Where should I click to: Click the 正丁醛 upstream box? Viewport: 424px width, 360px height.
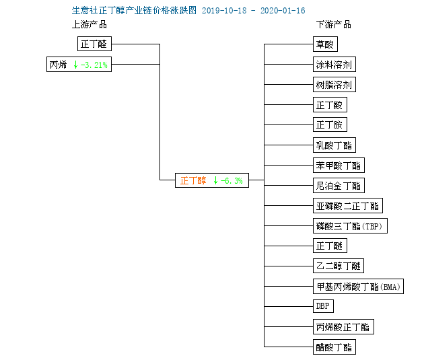click(x=94, y=44)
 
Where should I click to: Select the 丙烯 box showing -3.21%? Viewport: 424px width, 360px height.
click(x=79, y=65)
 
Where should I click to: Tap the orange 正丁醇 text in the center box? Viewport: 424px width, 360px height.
click(x=193, y=180)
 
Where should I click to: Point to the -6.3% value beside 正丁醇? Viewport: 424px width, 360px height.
click(x=232, y=180)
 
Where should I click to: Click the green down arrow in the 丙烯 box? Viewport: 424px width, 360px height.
click(x=75, y=65)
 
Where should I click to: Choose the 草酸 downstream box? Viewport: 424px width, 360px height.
click(x=325, y=44)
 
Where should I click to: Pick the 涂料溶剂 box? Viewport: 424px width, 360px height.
click(x=334, y=65)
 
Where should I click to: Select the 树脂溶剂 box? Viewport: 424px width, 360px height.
click(x=334, y=85)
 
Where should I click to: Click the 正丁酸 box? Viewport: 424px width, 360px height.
click(x=330, y=104)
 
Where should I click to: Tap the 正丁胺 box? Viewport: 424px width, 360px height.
click(x=330, y=124)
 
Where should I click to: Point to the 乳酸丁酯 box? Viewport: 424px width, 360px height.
click(x=334, y=145)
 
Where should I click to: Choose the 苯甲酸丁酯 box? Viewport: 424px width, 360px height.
click(x=339, y=165)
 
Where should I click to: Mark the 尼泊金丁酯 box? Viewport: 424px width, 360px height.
click(x=339, y=186)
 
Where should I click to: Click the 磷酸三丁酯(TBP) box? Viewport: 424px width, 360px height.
click(x=350, y=225)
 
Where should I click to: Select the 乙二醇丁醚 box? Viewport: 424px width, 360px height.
click(x=339, y=266)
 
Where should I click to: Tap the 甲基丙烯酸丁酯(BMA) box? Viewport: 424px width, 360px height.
click(x=358, y=286)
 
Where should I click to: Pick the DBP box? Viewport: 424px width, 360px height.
click(x=323, y=306)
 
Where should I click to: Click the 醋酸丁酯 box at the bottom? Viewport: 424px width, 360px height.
click(x=334, y=347)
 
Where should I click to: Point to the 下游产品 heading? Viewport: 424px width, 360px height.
click(x=334, y=25)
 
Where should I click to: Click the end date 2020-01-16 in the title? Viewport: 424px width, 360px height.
click(x=283, y=11)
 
